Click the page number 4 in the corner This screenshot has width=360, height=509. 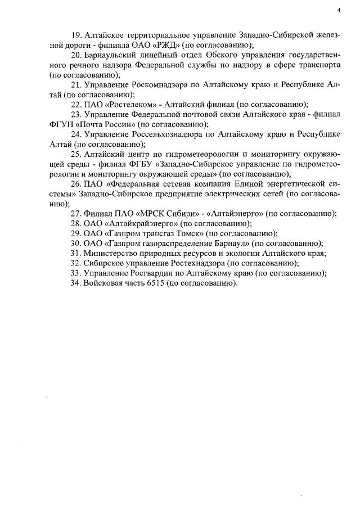click(339, 10)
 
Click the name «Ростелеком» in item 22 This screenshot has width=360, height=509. click(127, 105)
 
